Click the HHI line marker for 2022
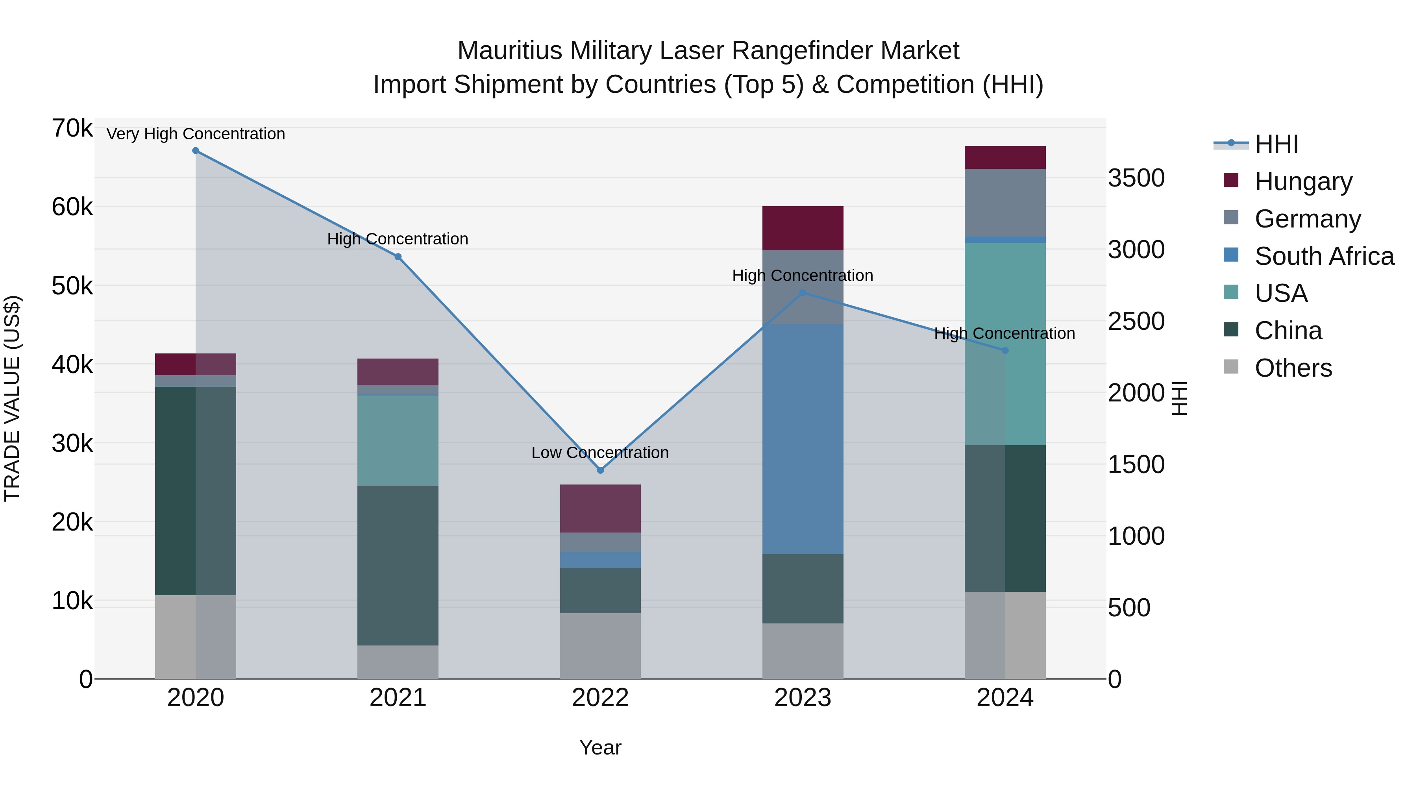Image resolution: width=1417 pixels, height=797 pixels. pos(600,470)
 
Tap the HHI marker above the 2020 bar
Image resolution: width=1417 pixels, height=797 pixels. pos(196,151)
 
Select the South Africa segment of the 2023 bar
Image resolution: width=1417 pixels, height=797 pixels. pos(803,439)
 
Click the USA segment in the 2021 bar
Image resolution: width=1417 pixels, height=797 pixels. pos(398,440)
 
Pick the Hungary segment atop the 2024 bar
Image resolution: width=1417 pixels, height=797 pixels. pos(1005,157)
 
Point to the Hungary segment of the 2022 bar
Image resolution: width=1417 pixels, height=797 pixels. pos(600,508)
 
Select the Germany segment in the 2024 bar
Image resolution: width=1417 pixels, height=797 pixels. pos(1005,202)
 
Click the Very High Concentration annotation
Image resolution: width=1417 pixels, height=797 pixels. pos(196,134)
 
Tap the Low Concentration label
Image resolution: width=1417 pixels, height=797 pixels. pos(600,453)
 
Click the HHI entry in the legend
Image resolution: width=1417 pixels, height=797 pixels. pos(1276,144)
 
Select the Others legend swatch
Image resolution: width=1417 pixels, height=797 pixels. pos(1231,367)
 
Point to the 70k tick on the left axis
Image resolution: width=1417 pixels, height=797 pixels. pos(72,128)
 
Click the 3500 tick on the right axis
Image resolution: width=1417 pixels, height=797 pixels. pos(1136,178)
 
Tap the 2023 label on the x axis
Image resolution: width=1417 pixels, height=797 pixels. pos(803,698)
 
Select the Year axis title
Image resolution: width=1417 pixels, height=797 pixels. pos(600,747)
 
